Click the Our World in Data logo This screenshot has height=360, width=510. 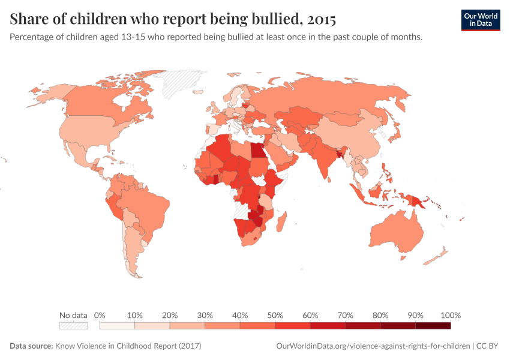(x=480, y=20)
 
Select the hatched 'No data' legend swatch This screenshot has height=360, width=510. (x=73, y=326)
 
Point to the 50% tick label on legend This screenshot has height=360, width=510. (x=275, y=315)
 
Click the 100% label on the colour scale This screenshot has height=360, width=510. (x=450, y=315)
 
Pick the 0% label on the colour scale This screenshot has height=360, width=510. (x=100, y=315)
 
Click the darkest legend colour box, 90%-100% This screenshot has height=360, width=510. (x=433, y=326)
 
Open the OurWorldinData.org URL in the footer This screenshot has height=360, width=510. (x=373, y=346)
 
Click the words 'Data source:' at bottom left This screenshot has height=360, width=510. (x=31, y=346)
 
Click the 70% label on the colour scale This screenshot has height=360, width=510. (x=345, y=315)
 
